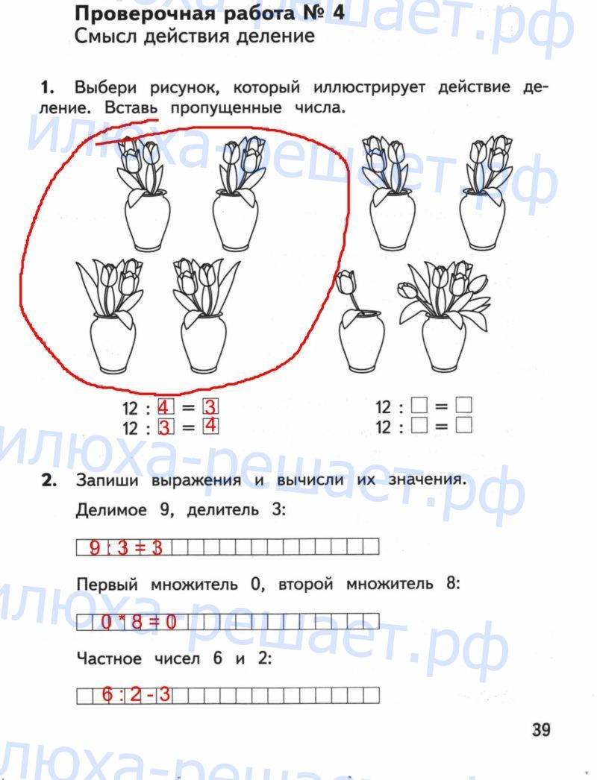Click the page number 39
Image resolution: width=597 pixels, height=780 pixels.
541,730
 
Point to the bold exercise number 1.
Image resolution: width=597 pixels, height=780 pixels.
46,88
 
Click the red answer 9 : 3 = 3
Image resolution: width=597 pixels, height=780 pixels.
126,547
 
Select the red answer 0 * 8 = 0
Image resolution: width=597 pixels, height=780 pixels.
139,622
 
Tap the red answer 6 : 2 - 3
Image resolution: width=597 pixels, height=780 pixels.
136,694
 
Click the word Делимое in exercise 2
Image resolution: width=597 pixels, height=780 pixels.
111,510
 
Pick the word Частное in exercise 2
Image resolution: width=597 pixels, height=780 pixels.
109,658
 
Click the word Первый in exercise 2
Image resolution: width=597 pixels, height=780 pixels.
107,584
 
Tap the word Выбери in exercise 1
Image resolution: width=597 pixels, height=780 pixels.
105,88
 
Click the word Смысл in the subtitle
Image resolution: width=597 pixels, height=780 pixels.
106,37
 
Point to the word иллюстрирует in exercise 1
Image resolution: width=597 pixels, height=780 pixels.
369,88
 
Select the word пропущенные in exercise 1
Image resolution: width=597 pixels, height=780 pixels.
226,108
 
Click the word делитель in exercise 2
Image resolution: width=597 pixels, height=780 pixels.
222,510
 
